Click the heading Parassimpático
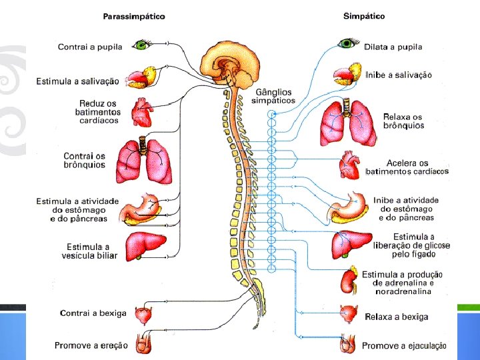coord(134,16)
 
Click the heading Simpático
coord(363,16)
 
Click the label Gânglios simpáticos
coord(273,96)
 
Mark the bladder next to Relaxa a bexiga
coord(349,314)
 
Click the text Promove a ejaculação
coord(404,346)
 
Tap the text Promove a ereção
coord(92,345)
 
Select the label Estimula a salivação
coord(78,81)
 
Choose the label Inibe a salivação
coord(399,75)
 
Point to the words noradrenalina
coord(403,291)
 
